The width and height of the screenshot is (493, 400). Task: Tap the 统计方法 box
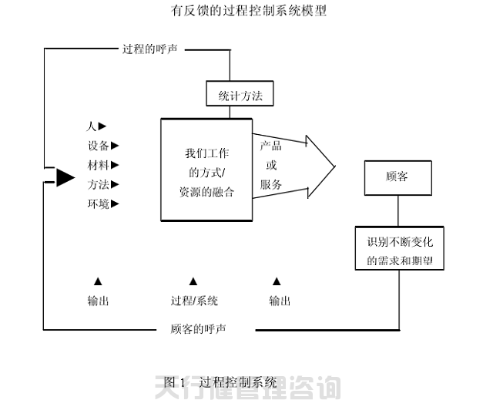pyautogui.click(x=240, y=94)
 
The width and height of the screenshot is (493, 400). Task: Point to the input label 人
pyautogui.click(x=91, y=126)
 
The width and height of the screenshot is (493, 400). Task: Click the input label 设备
pyautogui.click(x=98, y=145)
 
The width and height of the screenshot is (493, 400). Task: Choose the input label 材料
pyautogui.click(x=98, y=164)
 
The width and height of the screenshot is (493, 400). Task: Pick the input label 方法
pyautogui.click(x=98, y=184)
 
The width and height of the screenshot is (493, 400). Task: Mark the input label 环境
pyautogui.click(x=98, y=203)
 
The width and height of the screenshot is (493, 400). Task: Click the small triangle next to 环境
pyautogui.click(x=116, y=204)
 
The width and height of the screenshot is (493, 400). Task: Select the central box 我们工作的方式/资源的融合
pyautogui.click(x=206, y=170)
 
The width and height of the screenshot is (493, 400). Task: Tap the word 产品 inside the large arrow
pyautogui.click(x=270, y=146)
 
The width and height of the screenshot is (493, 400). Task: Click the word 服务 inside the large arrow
pyautogui.click(x=270, y=184)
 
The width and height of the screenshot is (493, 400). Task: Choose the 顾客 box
pyautogui.click(x=397, y=176)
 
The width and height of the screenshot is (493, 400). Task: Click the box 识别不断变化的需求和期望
pyautogui.click(x=400, y=248)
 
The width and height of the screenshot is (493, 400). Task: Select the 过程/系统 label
pyautogui.click(x=194, y=301)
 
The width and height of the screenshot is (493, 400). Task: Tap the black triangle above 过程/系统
pyautogui.click(x=193, y=282)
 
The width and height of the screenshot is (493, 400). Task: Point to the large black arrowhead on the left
pyautogui.click(x=65, y=178)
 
